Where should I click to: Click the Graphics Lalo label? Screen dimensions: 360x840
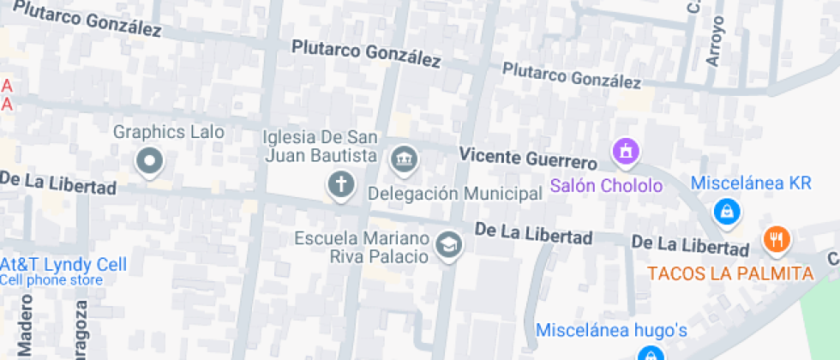[x=169, y=132]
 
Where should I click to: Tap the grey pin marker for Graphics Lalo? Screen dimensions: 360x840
[x=150, y=159]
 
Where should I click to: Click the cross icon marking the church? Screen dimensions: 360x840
[x=341, y=183]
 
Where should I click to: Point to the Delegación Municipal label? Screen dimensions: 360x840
[x=454, y=194]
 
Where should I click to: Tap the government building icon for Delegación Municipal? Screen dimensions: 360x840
[x=403, y=159]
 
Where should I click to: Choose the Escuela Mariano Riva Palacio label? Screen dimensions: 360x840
[x=360, y=247]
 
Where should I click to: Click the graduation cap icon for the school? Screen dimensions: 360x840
[x=448, y=246]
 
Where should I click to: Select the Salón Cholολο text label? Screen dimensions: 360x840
[x=607, y=185]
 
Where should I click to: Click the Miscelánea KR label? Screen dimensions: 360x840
[x=751, y=183]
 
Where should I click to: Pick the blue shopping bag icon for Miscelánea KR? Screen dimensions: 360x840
[x=727, y=210]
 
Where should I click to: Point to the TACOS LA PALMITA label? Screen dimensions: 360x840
[x=729, y=273]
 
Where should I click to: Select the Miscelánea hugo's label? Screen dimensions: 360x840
[x=612, y=329]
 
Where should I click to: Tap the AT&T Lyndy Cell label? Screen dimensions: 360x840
[x=64, y=264]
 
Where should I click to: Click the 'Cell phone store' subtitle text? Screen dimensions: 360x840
[x=51, y=279]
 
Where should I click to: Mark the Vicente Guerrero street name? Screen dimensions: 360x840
[x=527, y=159]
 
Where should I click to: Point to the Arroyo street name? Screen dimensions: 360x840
[x=716, y=41]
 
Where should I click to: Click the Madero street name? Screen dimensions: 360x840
[x=25, y=326]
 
